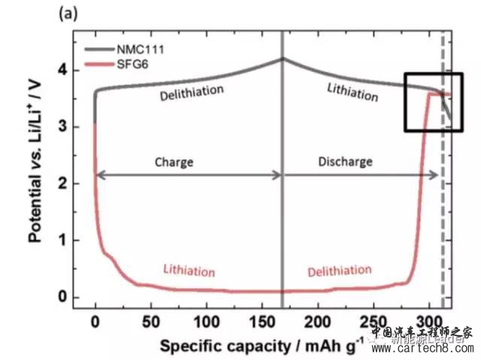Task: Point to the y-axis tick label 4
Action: coord(65,71)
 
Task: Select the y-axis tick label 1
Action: coord(65,241)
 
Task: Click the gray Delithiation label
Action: coord(192,91)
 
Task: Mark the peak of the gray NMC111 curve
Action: coord(283,59)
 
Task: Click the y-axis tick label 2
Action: coord(65,184)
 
